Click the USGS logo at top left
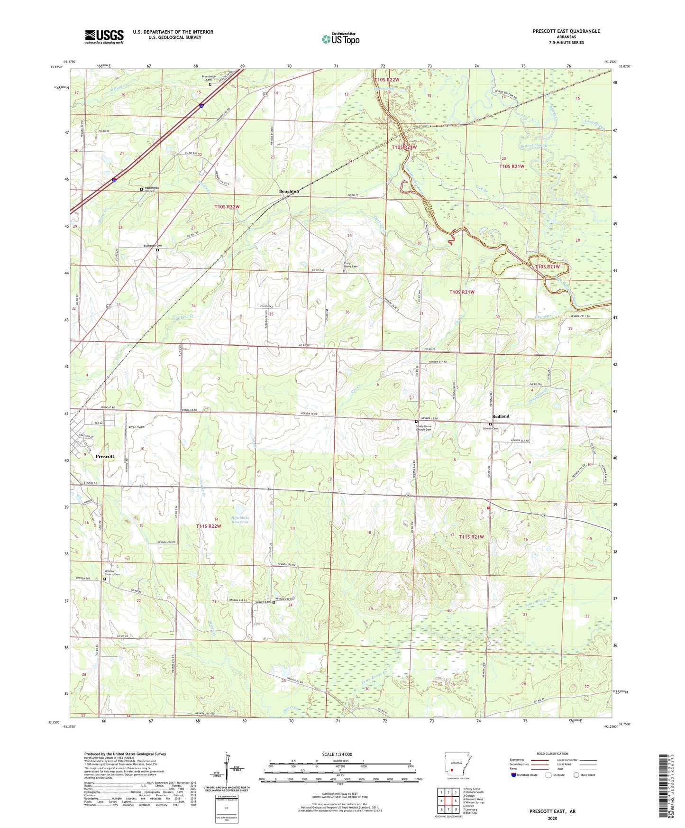point(104,37)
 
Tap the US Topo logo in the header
point(340,39)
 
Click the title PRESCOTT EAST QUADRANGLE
point(566,31)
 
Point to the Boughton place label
point(289,192)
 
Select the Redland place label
point(501,416)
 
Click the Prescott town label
point(105,456)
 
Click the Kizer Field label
point(136,427)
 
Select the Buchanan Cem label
point(153,246)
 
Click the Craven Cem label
point(263,602)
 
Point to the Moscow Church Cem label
point(112,573)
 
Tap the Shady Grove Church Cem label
point(424,428)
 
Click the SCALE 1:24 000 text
point(337,754)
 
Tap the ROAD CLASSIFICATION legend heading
point(552,754)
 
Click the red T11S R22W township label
point(209,526)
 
